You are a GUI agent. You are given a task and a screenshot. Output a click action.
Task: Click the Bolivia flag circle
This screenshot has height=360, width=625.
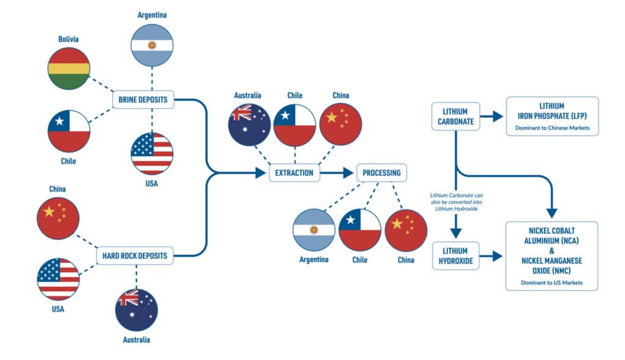click(x=68, y=68)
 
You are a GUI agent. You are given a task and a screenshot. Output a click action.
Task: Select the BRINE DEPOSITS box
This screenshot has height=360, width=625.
click(x=144, y=99)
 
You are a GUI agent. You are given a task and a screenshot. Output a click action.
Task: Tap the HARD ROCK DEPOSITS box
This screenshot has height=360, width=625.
click(x=135, y=255)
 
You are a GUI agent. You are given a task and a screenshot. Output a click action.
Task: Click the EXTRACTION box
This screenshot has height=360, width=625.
click(x=294, y=173)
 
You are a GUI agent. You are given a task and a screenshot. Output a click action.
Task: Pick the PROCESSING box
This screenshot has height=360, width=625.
click(x=381, y=173)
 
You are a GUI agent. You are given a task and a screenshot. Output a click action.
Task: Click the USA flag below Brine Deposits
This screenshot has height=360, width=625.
click(x=152, y=153)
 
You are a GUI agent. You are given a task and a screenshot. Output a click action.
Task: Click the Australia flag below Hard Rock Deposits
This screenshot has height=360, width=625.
click(x=137, y=310)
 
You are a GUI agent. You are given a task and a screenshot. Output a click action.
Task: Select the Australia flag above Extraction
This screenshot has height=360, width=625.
click(x=249, y=125)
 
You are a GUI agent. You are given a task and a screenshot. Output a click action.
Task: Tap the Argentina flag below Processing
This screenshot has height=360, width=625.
click(x=314, y=230)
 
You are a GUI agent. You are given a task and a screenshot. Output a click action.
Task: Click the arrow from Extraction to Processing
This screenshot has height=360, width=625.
click(x=339, y=173)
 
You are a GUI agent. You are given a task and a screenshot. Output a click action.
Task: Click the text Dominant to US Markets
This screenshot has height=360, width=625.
click(x=552, y=283)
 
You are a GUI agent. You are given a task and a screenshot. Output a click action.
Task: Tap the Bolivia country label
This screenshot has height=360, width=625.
click(x=68, y=39)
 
